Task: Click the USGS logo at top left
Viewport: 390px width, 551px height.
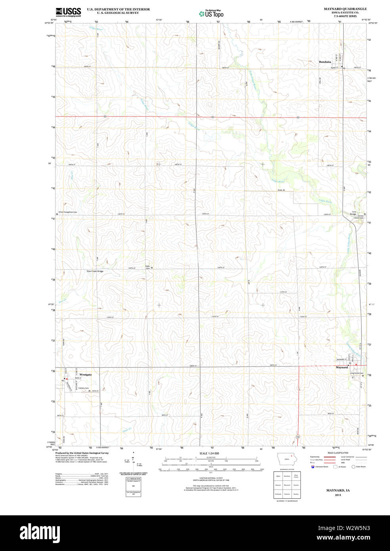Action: (68, 12)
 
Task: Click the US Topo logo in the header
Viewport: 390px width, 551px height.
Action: (211, 14)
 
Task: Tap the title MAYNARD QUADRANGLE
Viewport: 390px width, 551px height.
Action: (345, 9)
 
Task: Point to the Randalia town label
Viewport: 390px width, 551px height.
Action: (325, 62)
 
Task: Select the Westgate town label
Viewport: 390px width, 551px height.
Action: (86, 375)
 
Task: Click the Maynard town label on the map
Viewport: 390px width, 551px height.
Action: (342, 367)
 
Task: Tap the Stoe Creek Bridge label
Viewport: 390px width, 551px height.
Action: (95, 271)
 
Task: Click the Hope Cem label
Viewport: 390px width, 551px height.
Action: (148, 267)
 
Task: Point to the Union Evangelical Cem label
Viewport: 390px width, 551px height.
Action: (68, 212)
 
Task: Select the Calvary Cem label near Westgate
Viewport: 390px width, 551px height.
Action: (84, 388)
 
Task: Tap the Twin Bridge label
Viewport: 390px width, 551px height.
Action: (353, 213)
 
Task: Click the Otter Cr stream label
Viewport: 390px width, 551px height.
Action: (127, 429)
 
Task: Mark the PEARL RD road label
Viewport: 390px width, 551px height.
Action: (281, 190)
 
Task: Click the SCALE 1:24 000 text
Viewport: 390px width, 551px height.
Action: (209, 453)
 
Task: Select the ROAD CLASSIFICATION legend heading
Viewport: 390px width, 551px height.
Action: (338, 453)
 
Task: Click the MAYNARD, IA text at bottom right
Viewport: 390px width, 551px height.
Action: (338, 490)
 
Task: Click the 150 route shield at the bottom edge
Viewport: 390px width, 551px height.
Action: (297, 437)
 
